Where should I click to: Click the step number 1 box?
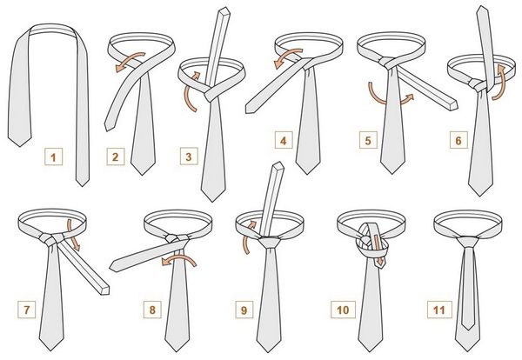[54, 157]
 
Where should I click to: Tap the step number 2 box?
[116, 157]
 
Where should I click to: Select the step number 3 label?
[189, 157]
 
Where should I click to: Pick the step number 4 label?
[284, 140]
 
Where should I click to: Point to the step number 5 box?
[368, 140]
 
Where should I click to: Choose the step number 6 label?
[458, 140]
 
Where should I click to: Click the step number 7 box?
[27, 310]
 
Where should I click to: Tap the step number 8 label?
[152, 310]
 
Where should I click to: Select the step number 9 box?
[244, 310]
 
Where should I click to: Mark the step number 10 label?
[343, 310]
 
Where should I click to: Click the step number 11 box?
[439, 310]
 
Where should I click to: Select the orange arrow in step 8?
[179, 258]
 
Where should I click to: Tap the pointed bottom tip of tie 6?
[480, 196]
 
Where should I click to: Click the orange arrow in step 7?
[72, 235]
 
